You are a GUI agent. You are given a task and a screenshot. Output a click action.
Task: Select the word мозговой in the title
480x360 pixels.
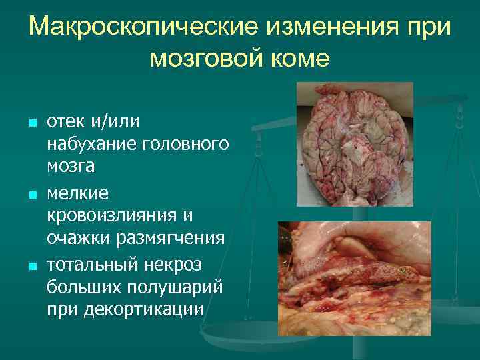click(x=207, y=58)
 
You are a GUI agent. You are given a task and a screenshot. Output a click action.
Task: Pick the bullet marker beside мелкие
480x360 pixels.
click(x=31, y=195)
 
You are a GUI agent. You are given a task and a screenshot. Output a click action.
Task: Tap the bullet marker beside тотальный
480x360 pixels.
click(x=31, y=267)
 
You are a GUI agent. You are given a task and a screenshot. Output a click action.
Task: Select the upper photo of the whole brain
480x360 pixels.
click(x=355, y=145)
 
